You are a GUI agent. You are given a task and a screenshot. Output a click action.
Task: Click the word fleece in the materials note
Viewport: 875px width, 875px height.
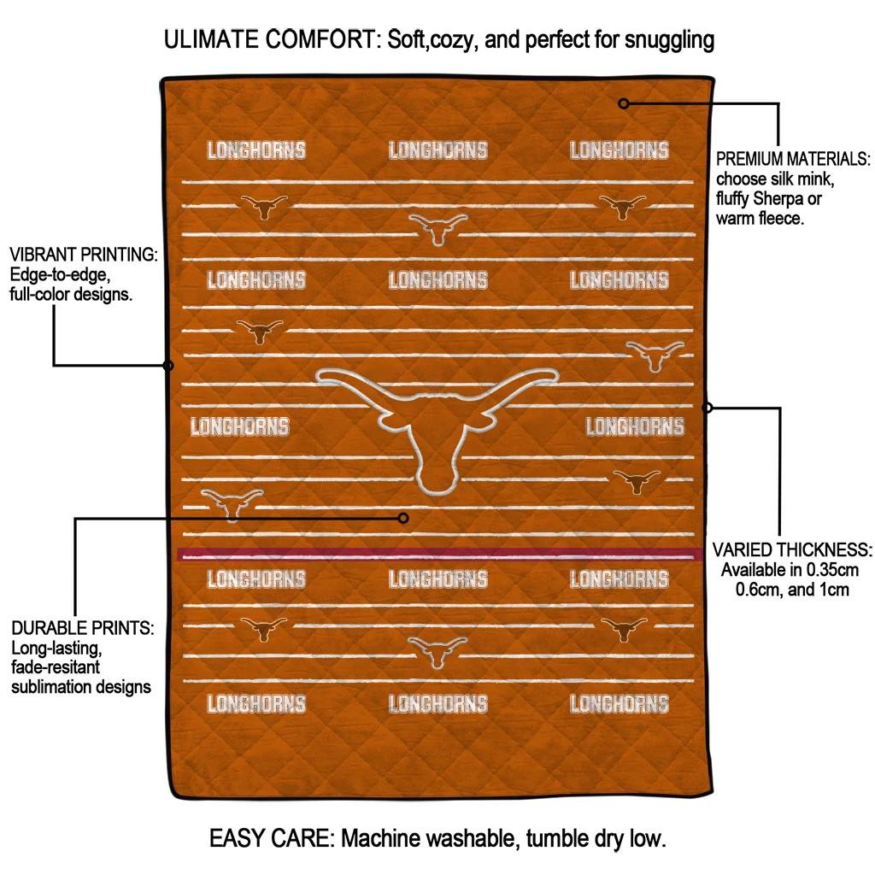pyautogui.click(x=777, y=219)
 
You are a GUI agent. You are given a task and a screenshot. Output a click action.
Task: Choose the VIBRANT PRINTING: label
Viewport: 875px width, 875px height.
pyautogui.click(x=84, y=255)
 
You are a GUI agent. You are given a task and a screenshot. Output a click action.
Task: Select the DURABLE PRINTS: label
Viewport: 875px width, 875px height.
pyautogui.click(x=83, y=628)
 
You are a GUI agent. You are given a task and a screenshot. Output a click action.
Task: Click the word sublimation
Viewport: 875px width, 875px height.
pyautogui.click(x=51, y=686)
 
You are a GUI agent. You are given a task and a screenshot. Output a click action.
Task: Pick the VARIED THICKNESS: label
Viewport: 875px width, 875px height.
pyautogui.click(x=792, y=549)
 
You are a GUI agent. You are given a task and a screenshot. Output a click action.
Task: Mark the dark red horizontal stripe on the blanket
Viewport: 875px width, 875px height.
pyautogui.click(x=437, y=555)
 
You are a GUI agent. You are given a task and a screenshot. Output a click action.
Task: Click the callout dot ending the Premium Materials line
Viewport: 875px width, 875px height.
pyautogui.click(x=624, y=103)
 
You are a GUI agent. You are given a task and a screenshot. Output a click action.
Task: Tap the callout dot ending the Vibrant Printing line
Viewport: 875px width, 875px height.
pyautogui.click(x=168, y=366)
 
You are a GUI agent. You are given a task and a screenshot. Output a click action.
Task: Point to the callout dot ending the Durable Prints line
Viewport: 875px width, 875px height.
pyautogui.click(x=404, y=518)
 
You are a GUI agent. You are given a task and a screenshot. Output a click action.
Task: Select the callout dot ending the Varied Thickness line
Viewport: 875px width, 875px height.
pyautogui.click(x=707, y=408)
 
